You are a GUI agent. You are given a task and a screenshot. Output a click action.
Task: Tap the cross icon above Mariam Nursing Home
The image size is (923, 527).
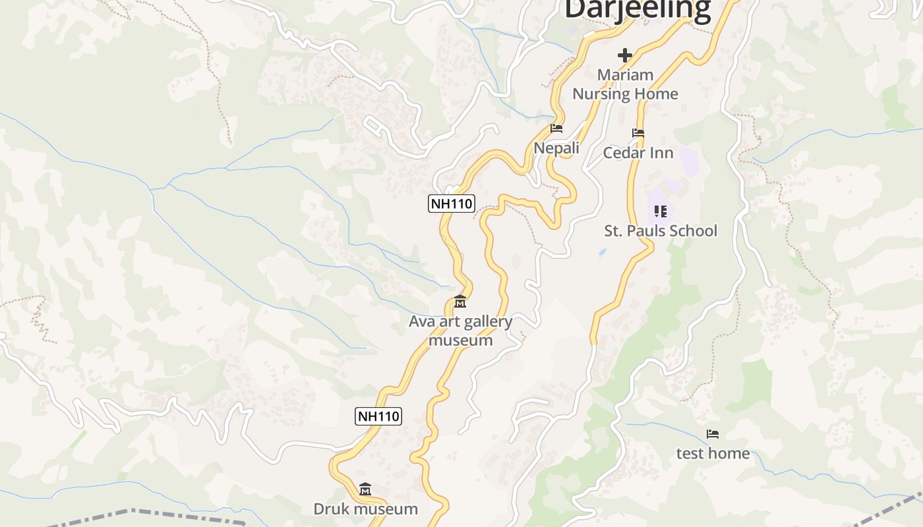coord(625,55)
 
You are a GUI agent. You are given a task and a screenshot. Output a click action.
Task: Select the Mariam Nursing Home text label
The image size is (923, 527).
coord(625,84)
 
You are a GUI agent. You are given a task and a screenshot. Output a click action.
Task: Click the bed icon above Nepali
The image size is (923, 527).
coord(556,128)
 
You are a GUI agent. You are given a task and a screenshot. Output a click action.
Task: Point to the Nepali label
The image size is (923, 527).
coord(556,148)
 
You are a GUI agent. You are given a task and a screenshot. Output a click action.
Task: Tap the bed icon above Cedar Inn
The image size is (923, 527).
coord(638,133)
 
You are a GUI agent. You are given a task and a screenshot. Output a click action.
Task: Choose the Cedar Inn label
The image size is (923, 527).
coord(638,153)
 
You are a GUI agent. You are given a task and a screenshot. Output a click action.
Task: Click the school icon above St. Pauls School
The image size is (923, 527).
coord(661,211)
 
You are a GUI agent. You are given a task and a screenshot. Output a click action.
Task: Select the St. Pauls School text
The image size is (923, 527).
coord(661,231)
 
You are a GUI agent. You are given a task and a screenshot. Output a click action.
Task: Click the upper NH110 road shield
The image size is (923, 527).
coord(452,204)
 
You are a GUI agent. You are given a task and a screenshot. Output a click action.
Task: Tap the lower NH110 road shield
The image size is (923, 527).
coord(378,416)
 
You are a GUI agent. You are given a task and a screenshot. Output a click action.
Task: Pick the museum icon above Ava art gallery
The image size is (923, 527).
coord(460,302)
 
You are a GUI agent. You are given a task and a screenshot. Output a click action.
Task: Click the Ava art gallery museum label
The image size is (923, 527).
coord(460,331)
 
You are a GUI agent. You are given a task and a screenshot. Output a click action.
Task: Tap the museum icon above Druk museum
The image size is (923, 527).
coord(365,489)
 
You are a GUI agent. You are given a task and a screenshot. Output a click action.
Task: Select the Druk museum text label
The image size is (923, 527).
coord(365,509)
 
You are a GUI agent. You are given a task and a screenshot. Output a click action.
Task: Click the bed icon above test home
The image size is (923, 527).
coord(713,434)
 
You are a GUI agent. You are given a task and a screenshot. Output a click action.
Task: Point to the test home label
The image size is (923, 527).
coord(713,453)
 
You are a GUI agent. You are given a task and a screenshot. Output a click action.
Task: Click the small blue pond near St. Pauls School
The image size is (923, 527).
coord(602,252)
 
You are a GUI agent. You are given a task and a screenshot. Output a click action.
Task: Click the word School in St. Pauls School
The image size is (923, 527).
coord(692,231)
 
